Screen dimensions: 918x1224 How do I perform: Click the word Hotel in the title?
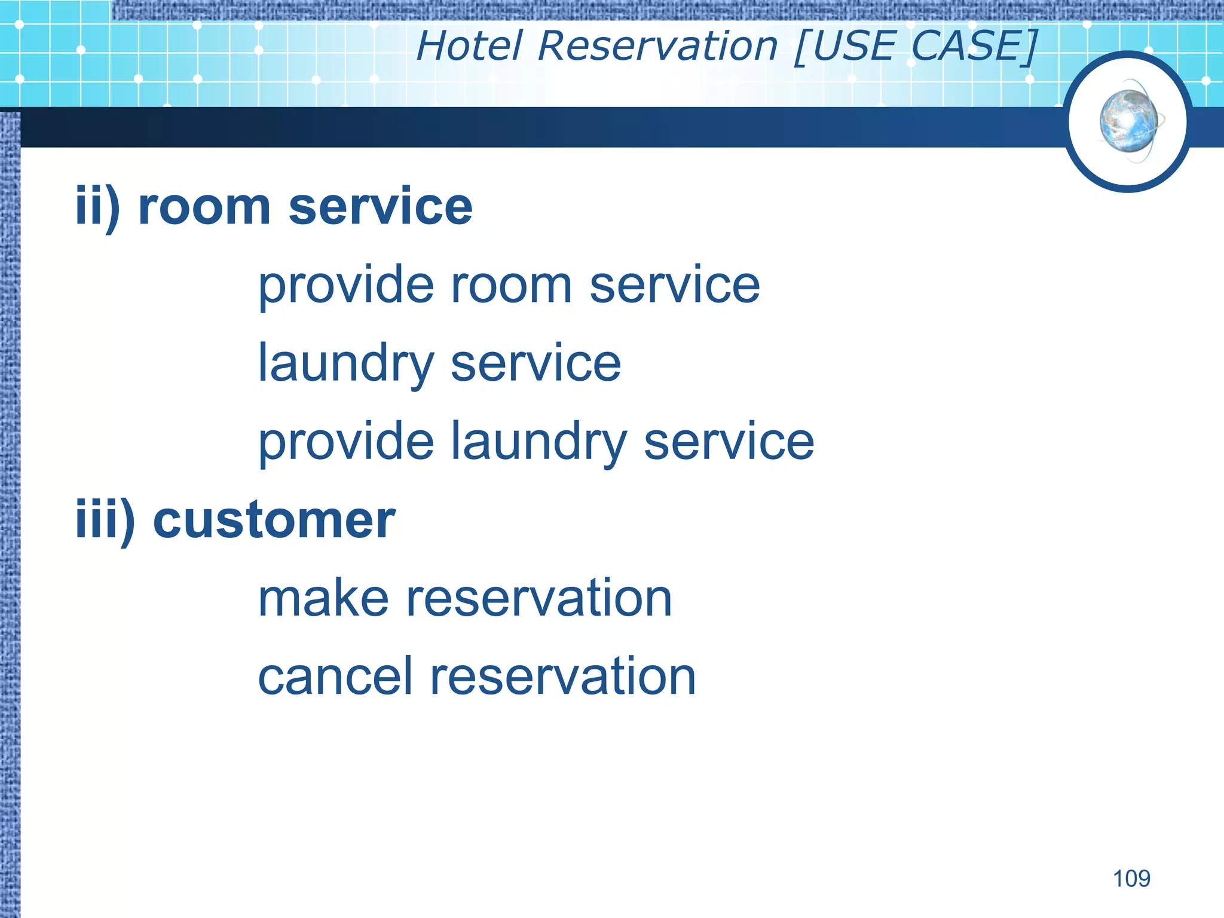coord(469,46)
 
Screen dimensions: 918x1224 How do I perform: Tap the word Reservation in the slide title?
coord(657,46)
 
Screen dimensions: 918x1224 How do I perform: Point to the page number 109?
coord(1131,879)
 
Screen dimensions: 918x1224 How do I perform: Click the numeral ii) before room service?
coord(97,207)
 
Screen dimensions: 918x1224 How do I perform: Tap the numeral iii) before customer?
coord(105,520)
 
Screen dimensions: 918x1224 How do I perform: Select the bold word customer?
coord(274,520)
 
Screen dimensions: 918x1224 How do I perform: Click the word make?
coord(323,599)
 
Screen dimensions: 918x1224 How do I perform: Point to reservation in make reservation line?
coord(539,599)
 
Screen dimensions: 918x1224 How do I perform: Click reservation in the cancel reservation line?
coord(562,677)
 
